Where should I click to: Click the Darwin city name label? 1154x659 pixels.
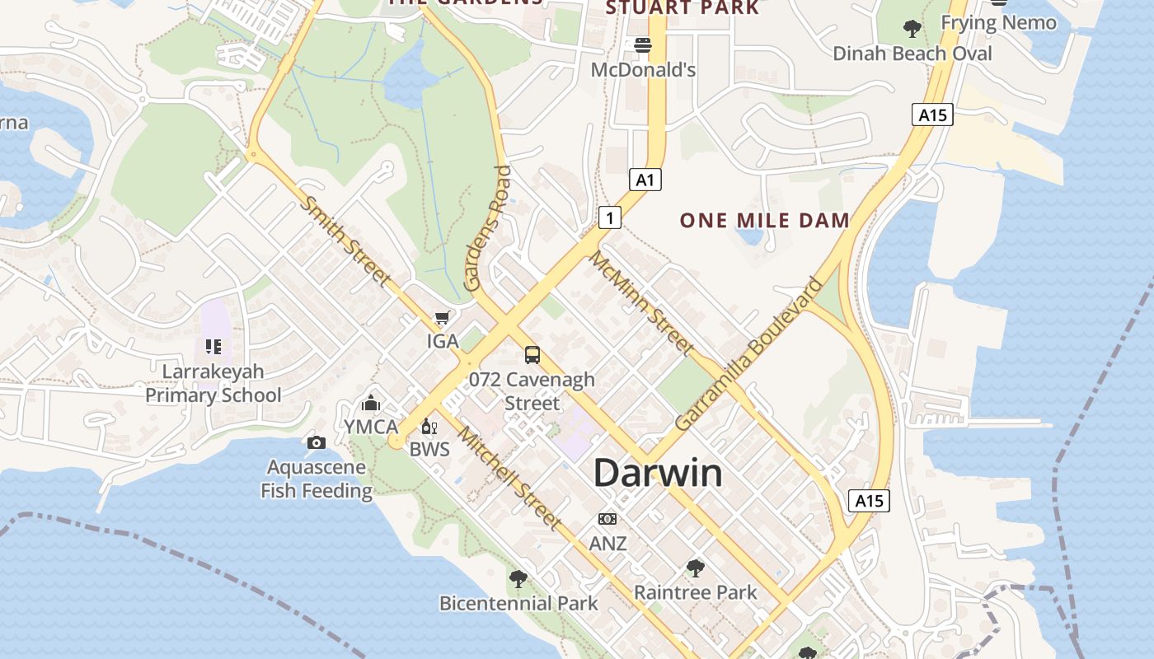(658, 474)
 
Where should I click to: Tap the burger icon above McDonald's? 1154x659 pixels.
(643, 45)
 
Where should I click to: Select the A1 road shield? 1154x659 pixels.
(645, 179)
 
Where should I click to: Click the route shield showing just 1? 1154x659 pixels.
(609, 217)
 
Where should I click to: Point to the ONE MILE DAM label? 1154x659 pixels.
(764, 221)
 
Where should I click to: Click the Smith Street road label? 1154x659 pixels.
(345, 241)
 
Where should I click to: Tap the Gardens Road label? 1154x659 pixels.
(488, 228)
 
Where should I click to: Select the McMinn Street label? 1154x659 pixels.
(641, 303)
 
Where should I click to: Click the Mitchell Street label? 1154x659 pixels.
(511, 479)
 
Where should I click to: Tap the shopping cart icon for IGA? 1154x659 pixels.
(443, 317)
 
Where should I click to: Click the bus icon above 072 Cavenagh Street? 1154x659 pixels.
(532, 355)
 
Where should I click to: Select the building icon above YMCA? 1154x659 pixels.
(371, 404)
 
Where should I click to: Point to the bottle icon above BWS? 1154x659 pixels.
(429, 427)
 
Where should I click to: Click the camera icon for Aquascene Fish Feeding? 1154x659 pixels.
(316, 443)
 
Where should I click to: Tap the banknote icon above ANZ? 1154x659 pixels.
(607, 519)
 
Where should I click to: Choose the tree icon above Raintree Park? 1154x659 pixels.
(695, 568)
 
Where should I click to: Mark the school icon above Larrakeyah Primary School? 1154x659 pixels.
(213, 347)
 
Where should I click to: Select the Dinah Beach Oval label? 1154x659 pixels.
(912, 54)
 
